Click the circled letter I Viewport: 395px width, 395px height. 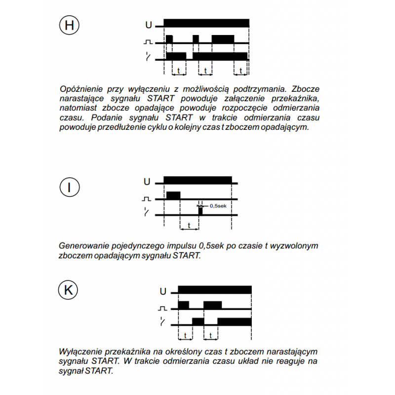click(x=69, y=187)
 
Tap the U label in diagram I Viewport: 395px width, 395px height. click(x=147, y=182)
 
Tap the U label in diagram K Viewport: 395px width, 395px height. click(x=163, y=292)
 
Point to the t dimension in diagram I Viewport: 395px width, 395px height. click(x=190, y=225)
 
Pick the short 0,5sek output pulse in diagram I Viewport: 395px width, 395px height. click(x=200, y=211)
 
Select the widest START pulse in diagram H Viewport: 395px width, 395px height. click(x=223, y=39)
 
